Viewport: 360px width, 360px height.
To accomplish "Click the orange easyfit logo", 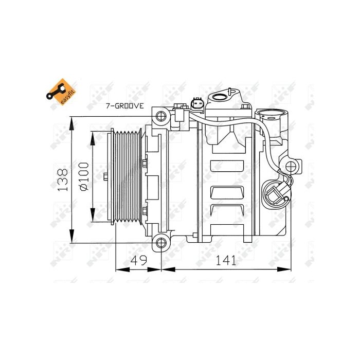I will (60, 92).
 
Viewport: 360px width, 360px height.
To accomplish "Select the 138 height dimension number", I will (62, 179).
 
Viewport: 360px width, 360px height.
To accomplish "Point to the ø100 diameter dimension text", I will (83, 178).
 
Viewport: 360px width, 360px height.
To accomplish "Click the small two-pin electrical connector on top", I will (197, 104).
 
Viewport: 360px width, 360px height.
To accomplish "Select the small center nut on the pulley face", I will (105, 177).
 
